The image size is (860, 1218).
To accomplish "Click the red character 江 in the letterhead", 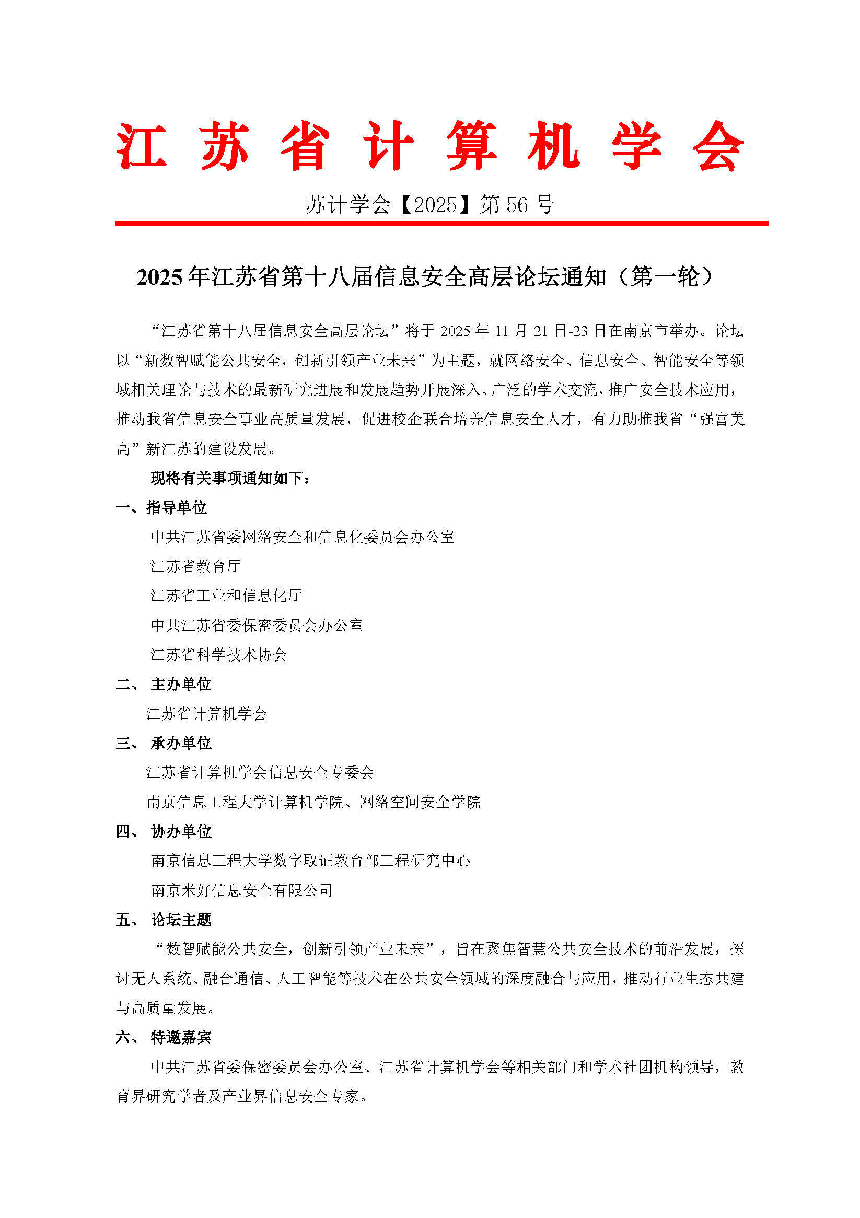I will click(141, 145).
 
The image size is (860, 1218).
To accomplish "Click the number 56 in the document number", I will click(517, 205).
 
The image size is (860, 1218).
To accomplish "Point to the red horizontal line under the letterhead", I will click(441, 223).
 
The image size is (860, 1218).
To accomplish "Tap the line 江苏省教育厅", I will click(195, 566).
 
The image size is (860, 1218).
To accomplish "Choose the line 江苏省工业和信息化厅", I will click(226, 596).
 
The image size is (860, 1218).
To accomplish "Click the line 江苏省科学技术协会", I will click(218, 655).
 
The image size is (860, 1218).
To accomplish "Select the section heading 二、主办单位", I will click(164, 685).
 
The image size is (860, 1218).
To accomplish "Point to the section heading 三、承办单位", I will click(164, 743).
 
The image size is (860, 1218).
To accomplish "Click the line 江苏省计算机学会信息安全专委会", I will click(260, 772).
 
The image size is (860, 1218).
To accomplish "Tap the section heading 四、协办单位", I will click(164, 831).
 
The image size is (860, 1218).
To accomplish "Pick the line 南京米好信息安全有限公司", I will click(241, 890).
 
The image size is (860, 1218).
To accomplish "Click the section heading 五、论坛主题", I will click(164, 920).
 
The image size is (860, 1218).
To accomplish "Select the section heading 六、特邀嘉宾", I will click(164, 1037).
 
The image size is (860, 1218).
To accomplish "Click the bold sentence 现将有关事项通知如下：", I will click(230, 479).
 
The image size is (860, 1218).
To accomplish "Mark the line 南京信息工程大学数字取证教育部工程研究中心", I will click(310, 861).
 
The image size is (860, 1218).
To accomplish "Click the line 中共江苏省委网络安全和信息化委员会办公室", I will click(303, 537).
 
